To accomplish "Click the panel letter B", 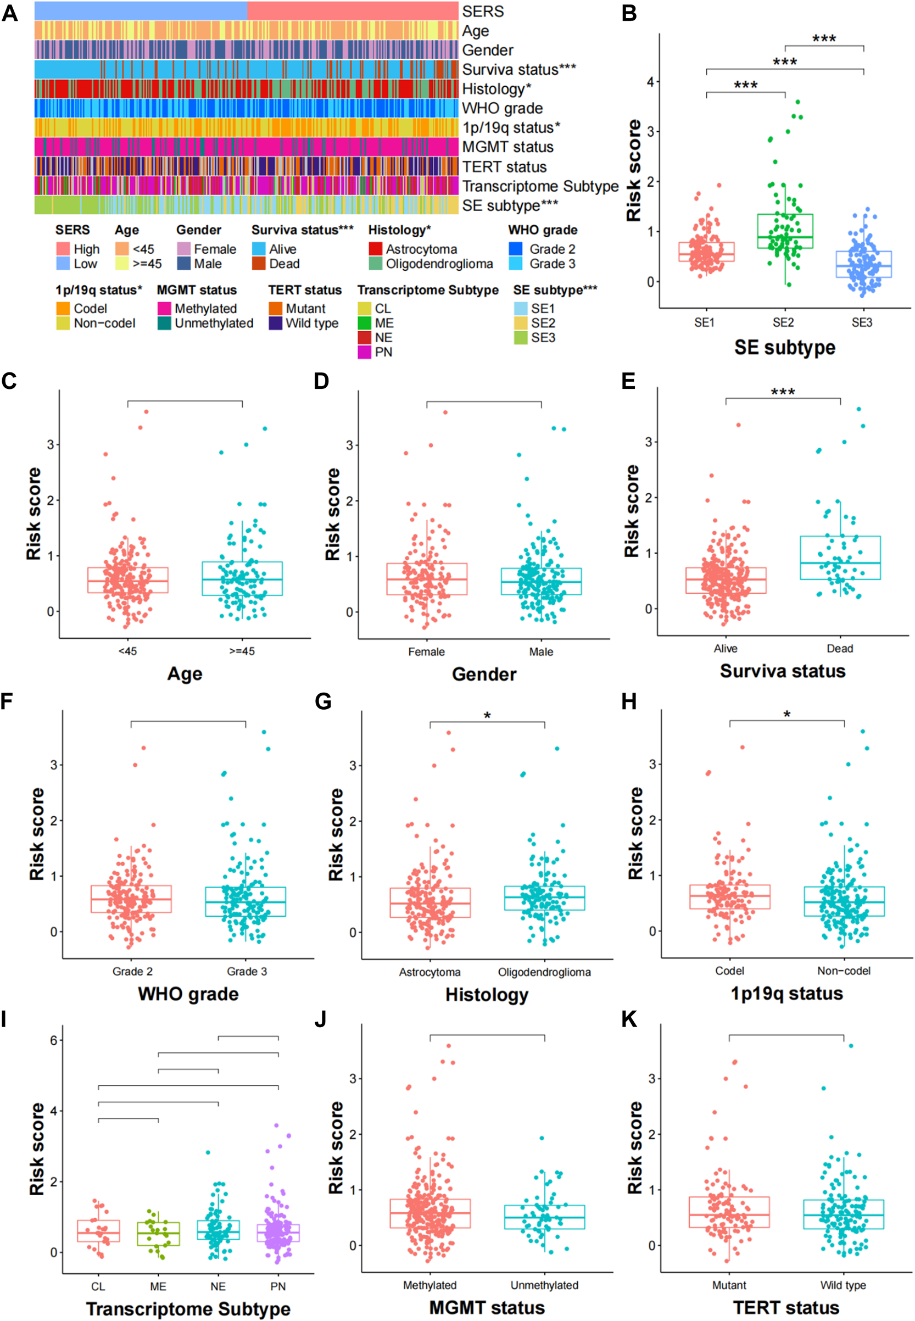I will coord(629,13).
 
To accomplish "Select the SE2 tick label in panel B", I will coord(783,323).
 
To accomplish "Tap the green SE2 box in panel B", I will coord(785,231).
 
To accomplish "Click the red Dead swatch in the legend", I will coord(259,264).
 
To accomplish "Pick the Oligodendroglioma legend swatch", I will coord(375,264).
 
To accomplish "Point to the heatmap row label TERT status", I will coord(504,167).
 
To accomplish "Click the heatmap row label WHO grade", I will coord(502,108).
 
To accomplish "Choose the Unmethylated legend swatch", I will coord(164,324).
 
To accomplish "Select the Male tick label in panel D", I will coord(541,652).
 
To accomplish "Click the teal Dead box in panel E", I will coord(840,558).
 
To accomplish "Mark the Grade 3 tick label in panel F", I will coord(247,971).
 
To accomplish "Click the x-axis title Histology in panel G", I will coord(487,994).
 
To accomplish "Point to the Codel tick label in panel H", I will coord(729,971).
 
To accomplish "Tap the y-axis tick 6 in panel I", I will coord(54,1040).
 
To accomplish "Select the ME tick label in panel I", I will coord(158,1286).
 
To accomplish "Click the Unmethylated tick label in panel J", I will coord(544,1285).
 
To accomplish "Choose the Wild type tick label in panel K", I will coord(843,1285).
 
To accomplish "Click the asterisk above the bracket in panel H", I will coord(787,715).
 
